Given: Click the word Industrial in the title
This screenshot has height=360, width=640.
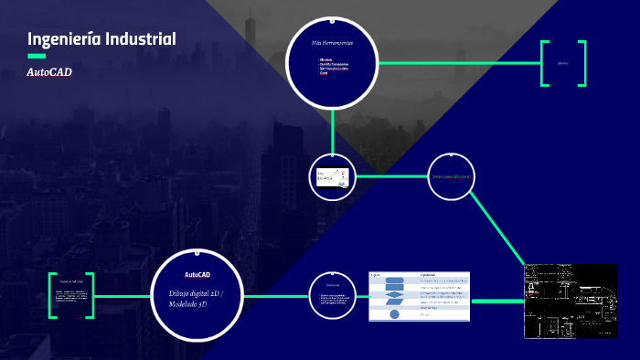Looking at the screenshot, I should point(137,38).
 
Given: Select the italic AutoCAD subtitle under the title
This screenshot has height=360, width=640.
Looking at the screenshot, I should point(49,71).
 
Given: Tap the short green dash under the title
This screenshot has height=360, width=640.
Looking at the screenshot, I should point(37,57).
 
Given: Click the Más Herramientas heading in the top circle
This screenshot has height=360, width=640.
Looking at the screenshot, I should point(332,43).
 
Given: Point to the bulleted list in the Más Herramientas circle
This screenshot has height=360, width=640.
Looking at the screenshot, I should point(335,66).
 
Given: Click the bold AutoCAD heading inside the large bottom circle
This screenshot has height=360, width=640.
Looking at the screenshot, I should point(197,274).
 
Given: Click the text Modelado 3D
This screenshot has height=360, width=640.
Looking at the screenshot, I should point(187,303).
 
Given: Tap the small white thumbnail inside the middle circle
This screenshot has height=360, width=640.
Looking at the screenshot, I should point(332,176).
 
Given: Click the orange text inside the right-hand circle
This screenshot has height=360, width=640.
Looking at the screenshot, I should point(451,176).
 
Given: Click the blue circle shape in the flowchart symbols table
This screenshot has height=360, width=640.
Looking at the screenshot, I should point(394,313).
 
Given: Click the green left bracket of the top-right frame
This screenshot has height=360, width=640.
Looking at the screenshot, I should point(544,63).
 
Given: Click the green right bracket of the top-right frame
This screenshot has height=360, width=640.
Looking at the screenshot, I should point(581,63).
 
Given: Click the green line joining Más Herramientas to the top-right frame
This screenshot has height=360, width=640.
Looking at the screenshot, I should point(457,63).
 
